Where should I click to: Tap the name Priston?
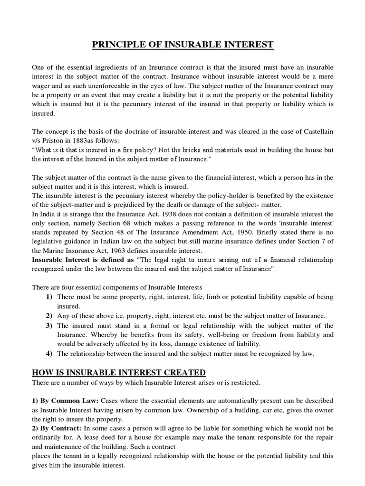click(52, 141)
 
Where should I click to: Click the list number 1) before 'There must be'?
click(49, 297)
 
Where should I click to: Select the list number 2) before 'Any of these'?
click(49, 316)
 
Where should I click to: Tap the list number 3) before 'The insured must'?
click(49, 325)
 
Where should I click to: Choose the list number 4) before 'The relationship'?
click(49, 353)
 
